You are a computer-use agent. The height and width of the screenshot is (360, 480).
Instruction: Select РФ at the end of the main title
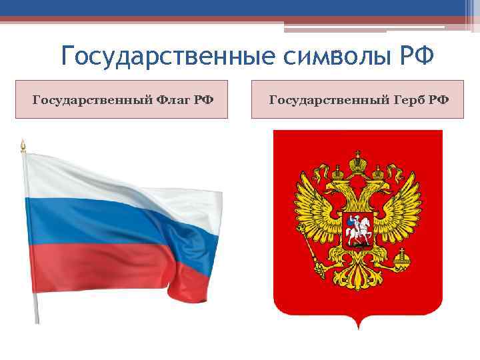[417, 56]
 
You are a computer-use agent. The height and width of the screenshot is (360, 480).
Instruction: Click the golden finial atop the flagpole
[23, 145]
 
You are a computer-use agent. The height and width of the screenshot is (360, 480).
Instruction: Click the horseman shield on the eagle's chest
[358, 231]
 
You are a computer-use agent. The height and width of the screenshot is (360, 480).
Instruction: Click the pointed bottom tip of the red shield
[358, 327]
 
